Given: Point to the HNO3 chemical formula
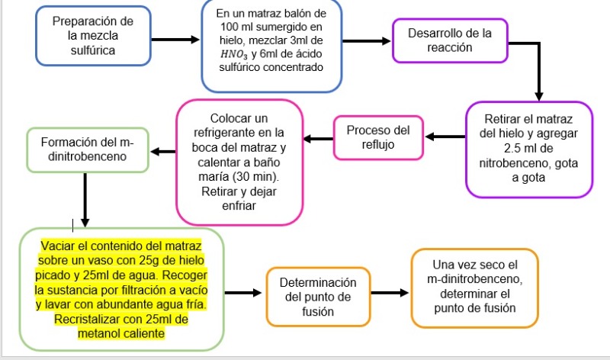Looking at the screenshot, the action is tap(234, 54).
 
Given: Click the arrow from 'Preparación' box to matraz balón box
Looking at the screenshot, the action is tap(175, 40).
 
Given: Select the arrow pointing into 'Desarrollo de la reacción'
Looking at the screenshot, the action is tap(367, 41).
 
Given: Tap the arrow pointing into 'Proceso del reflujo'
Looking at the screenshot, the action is tap(445, 137).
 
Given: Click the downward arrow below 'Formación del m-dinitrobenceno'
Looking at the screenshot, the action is tap(85, 200).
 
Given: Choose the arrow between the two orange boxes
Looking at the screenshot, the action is tap(390, 293).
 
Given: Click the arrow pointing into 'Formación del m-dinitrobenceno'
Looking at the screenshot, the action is tap(163, 152).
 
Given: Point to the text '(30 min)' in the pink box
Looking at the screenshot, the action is tap(256, 177).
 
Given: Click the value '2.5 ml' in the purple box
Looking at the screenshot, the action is tap(521, 148).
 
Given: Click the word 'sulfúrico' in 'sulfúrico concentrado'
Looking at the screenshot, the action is tap(239, 67).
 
